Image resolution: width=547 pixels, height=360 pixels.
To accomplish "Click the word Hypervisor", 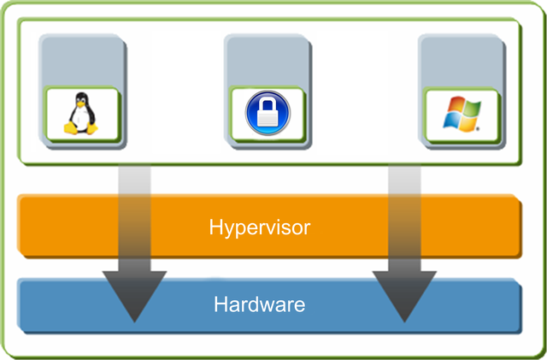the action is [260, 227].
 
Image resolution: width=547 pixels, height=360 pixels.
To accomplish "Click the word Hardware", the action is [260, 304].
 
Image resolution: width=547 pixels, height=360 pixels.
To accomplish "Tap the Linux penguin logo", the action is [81, 114].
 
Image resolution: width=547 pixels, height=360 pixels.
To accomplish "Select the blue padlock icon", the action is [268, 113].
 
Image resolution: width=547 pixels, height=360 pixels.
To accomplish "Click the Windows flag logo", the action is [462, 115].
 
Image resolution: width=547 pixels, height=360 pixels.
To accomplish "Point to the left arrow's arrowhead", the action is [134, 296].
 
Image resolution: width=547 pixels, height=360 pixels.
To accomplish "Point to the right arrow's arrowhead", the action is [404, 296].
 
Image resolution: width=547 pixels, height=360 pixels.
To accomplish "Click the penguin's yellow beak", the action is [81, 103].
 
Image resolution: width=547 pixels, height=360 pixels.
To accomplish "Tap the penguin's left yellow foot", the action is [70, 128].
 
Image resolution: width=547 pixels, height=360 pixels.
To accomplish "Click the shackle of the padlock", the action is [268, 104].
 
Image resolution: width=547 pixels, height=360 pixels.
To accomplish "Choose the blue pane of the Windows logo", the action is [452, 122].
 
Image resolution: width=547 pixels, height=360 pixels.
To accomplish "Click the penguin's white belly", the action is [80, 118].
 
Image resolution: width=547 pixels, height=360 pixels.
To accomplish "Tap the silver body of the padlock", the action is [268, 118].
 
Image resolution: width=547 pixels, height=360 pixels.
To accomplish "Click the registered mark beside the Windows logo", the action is [478, 129].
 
